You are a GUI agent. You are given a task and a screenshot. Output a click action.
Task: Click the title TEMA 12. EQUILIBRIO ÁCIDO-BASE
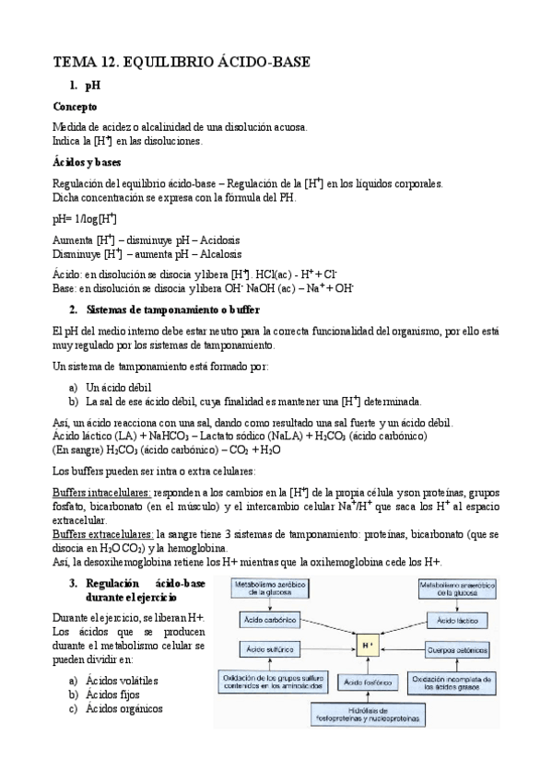[182, 63]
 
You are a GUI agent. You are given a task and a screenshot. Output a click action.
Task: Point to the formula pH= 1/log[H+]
[85, 218]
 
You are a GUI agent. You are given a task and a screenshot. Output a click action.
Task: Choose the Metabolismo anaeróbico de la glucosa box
[459, 589]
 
